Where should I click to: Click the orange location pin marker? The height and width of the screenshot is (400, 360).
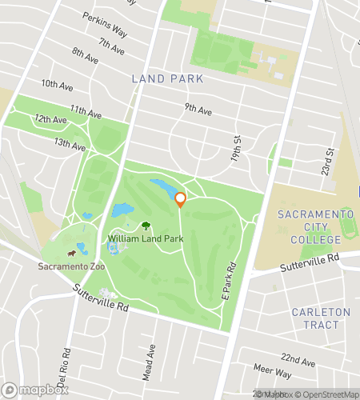[180, 199]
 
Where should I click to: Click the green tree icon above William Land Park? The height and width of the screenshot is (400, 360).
[146, 226]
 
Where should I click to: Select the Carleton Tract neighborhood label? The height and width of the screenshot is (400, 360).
[321, 318]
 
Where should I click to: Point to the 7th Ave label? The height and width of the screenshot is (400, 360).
[111, 46]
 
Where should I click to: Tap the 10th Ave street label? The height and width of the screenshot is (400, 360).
[57, 84]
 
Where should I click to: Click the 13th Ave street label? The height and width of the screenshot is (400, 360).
[70, 144]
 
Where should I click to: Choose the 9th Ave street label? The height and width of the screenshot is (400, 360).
[198, 108]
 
